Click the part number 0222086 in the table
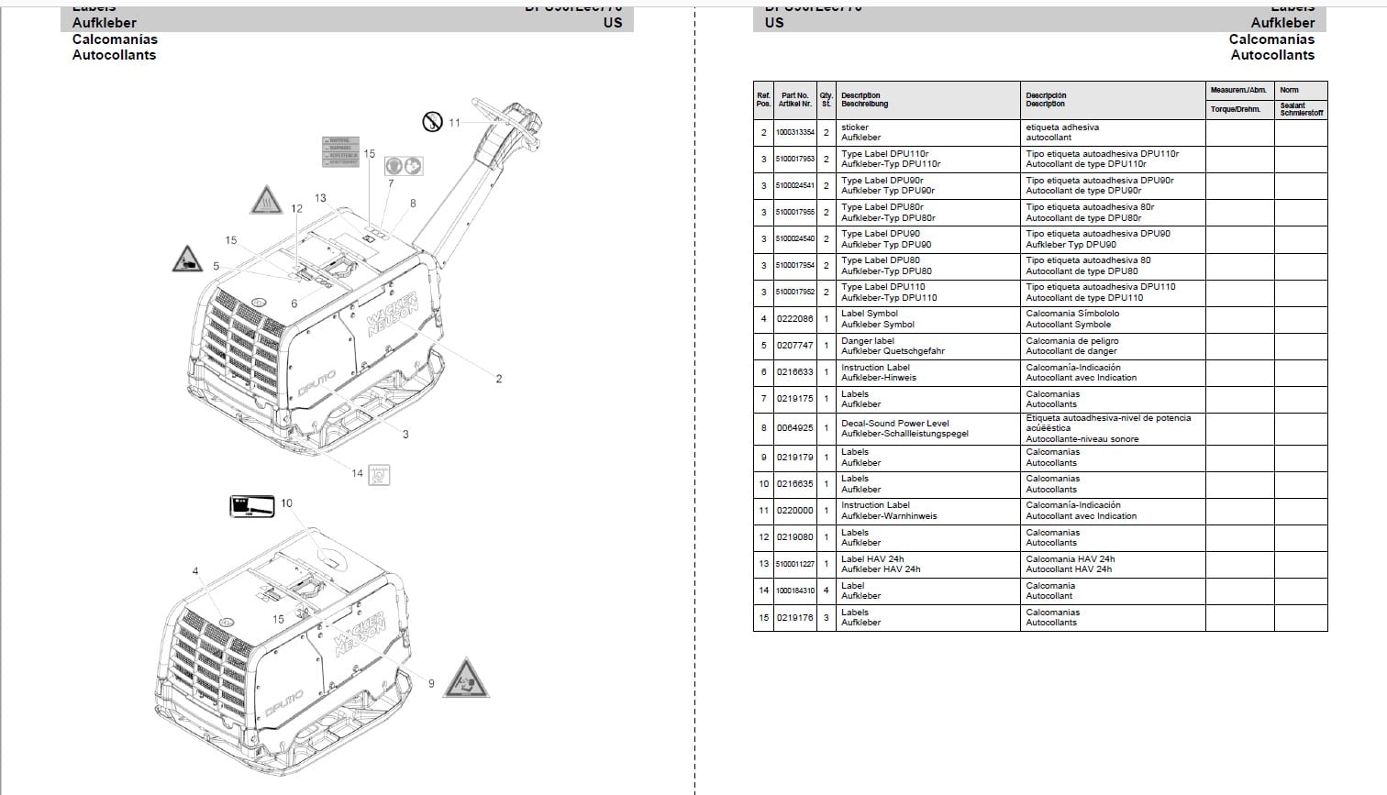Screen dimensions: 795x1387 pyautogui.click(x=794, y=319)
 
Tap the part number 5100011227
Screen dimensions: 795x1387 pyautogui.click(x=794, y=564)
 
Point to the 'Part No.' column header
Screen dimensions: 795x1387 pyautogui.click(x=794, y=99)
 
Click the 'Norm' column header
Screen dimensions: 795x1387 pyautogui.click(x=1289, y=90)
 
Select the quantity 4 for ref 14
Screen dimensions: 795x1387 pyautogui.click(x=826, y=591)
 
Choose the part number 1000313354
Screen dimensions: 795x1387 pyautogui.click(x=794, y=133)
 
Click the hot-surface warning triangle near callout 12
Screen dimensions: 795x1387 pyautogui.click(x=265, y=199)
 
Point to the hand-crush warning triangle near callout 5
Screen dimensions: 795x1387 pyautogui.click(x=187, y=259)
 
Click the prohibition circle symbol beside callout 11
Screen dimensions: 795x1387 pyautogui.click(x=432, y=120)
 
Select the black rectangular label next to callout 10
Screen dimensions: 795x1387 pyautogui.click(x=251, y=505)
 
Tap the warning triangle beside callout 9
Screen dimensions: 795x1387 pyautogui.click(x=466, y=679)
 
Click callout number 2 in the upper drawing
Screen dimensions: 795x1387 pyautogui.click(x=499, y=379)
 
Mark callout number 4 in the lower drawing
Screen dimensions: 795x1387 pyautogui.click(x=195, y=571)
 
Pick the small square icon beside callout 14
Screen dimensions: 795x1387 pyautogui.click(x=379, y=474)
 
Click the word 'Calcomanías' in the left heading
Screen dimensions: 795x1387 pyautogui.click(x=115, y=39)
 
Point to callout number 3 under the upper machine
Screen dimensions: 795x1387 pyautogui.click(x=405, y=435)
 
